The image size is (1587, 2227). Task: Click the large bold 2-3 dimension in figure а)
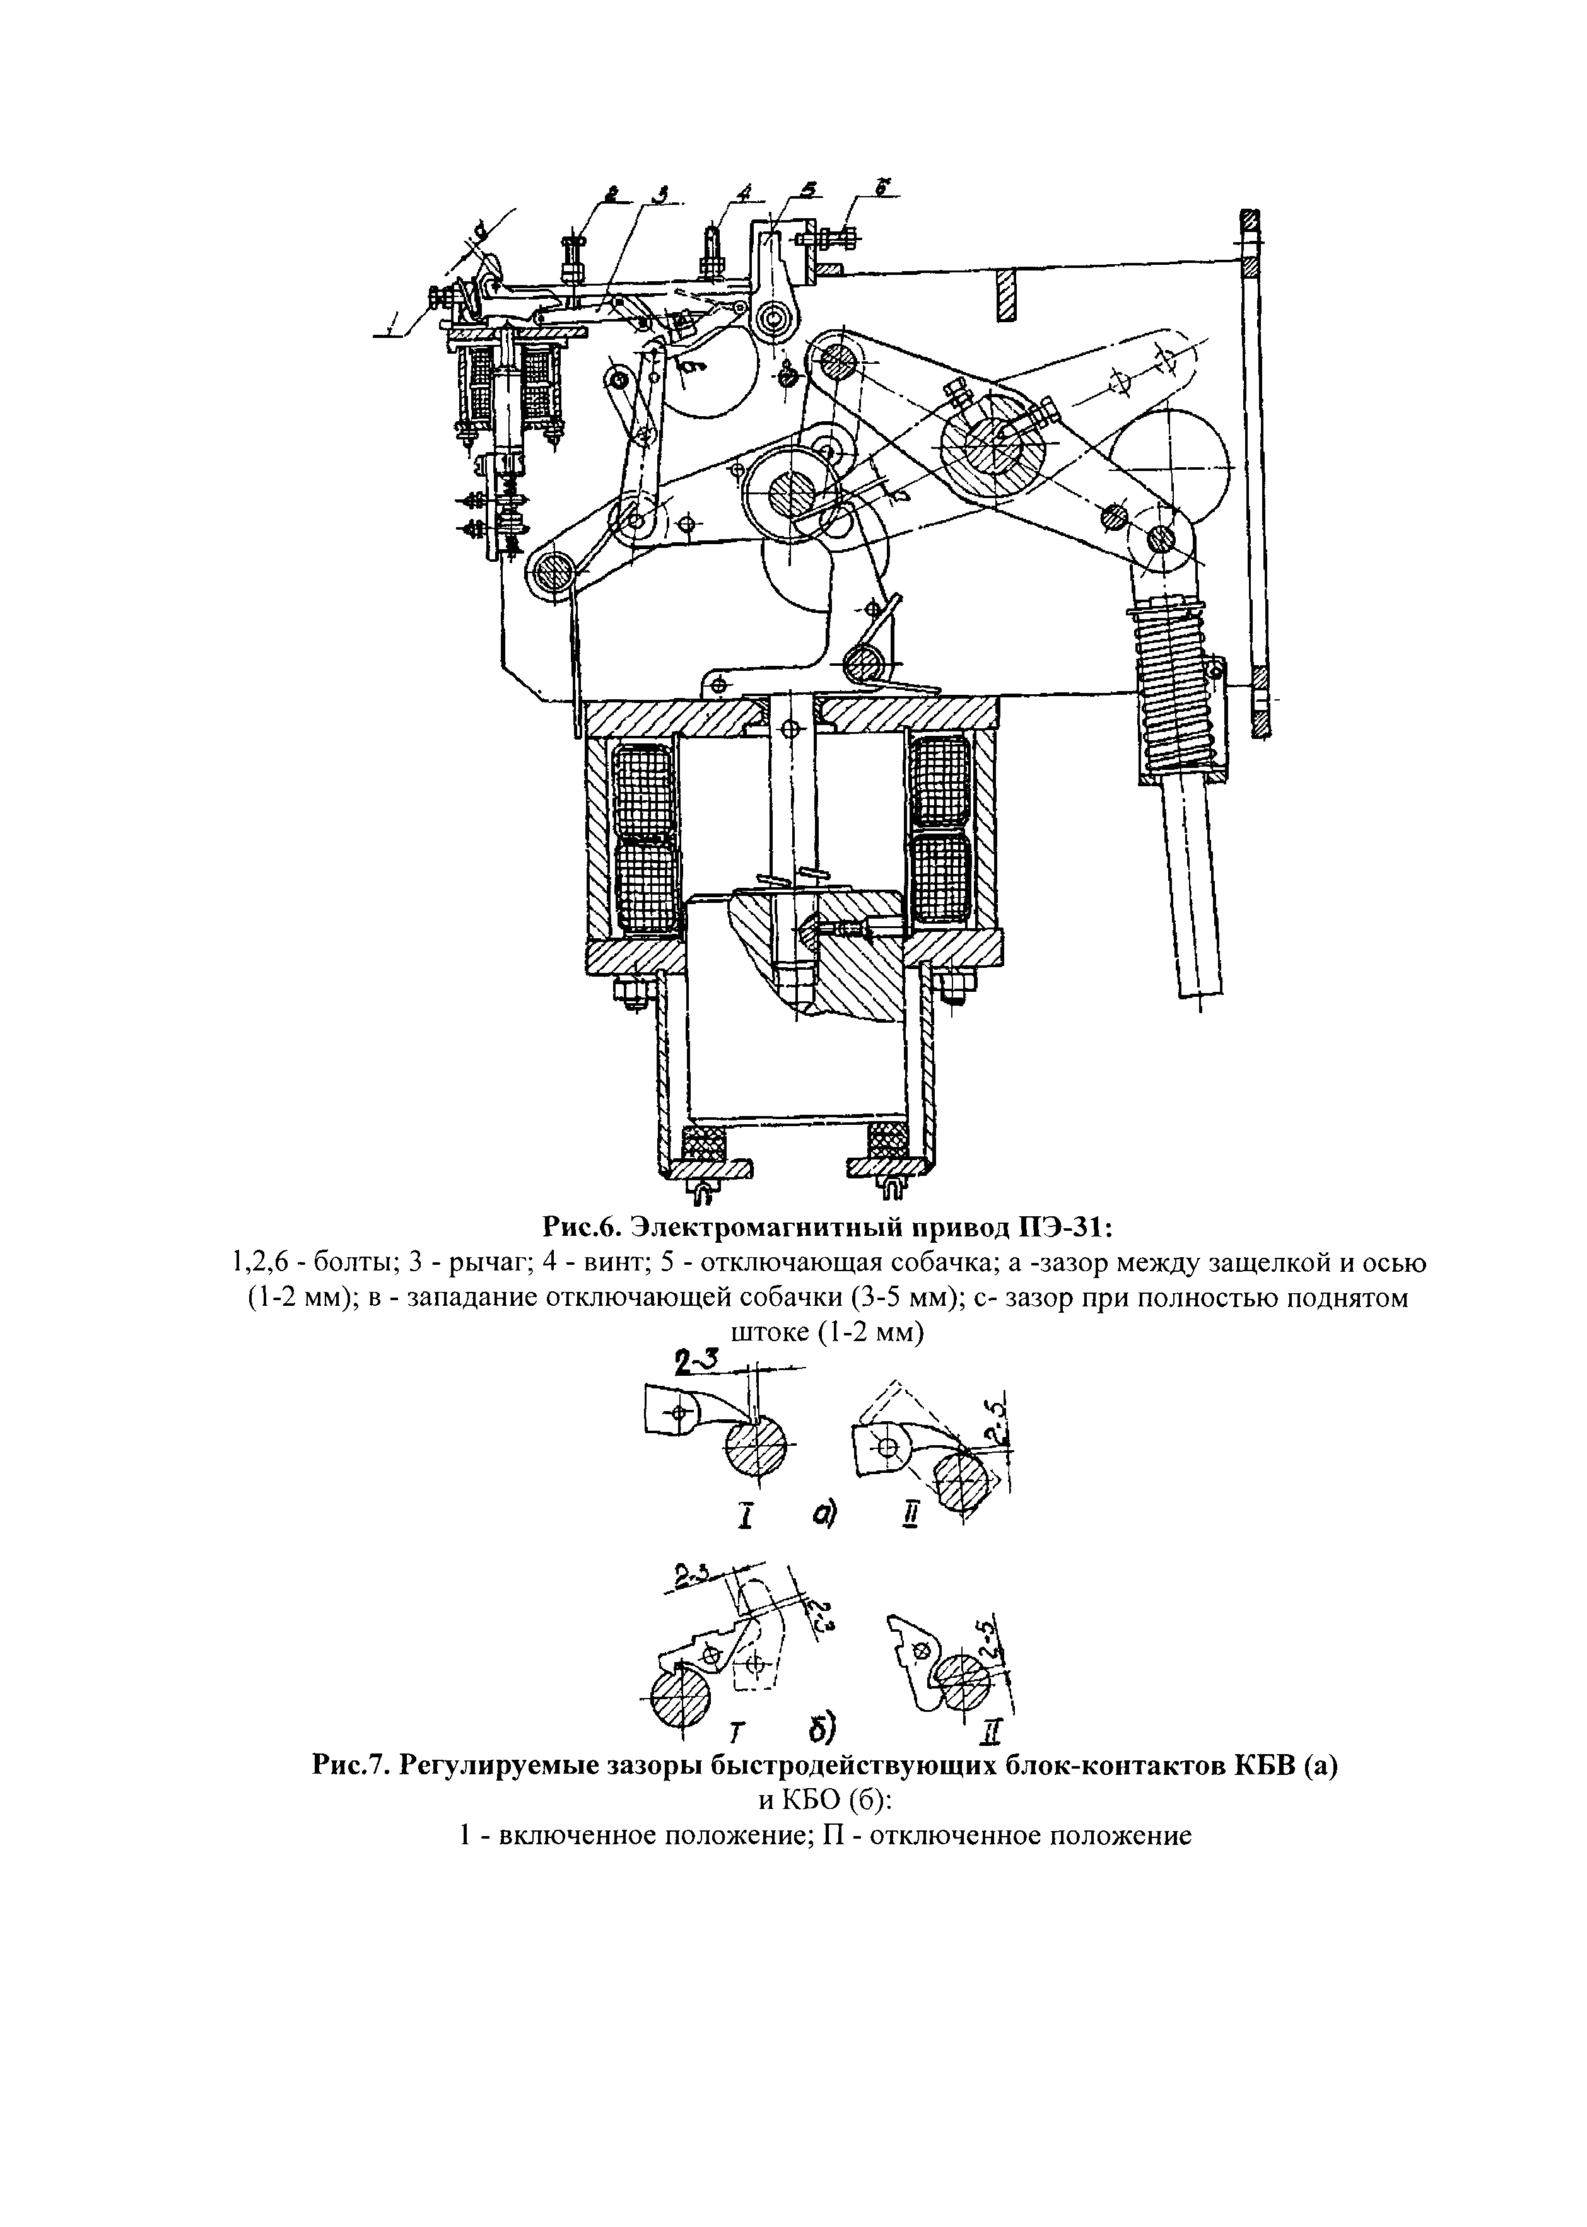pyautogui.click(x=697, y=1359)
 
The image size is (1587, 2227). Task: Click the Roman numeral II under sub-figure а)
pyautogui.click(x=911, y=1515)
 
